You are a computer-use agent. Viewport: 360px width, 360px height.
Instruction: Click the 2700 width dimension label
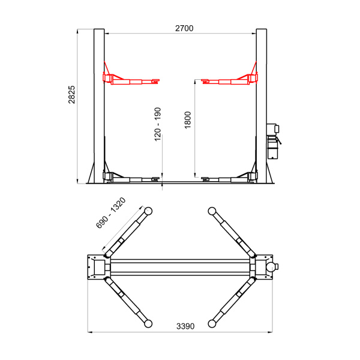pos(184,28)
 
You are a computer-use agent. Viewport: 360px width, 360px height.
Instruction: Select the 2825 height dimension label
pos(71,95)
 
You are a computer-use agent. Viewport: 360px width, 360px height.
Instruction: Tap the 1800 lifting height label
pos(188,120)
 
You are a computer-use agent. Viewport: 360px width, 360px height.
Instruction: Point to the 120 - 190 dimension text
pos(157,124)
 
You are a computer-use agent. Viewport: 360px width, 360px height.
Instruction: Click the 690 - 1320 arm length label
pos(111,213)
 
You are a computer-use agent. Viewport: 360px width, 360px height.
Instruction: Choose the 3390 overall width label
pos(185,326)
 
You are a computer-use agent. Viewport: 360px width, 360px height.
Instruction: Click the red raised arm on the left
pos(131,79)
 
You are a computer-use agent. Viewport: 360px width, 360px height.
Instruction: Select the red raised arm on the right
pos(229,79)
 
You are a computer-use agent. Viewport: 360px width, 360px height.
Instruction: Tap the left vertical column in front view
pos(99,106)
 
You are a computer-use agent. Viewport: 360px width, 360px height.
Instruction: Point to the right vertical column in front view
pos(261,106)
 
